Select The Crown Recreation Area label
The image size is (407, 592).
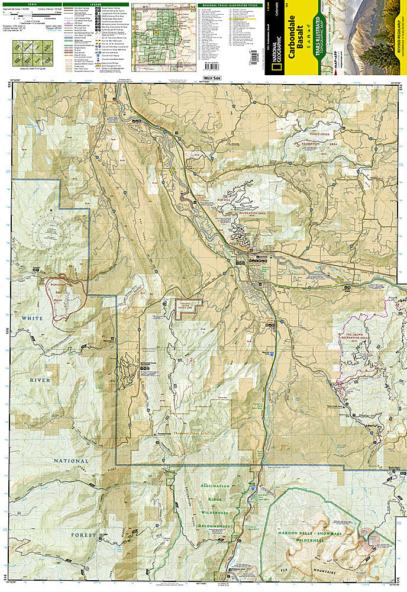point(357,336)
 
